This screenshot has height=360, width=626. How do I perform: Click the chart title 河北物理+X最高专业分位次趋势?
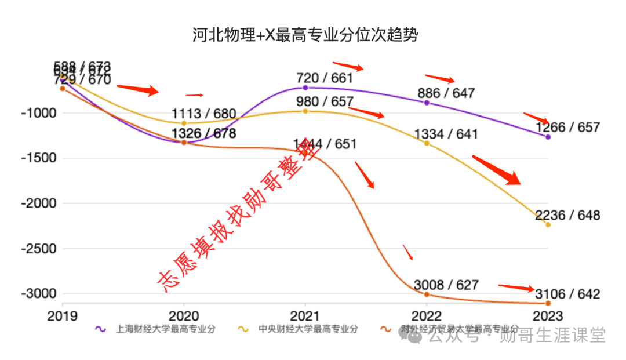click(305, 36)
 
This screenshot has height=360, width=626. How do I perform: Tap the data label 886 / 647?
click(445, 93)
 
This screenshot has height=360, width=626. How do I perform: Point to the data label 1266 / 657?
click(568, 128)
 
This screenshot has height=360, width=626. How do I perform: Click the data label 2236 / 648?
click(568, 216)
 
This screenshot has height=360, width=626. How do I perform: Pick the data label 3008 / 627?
click(446, 285)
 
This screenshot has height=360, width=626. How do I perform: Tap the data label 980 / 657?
click(325, 101)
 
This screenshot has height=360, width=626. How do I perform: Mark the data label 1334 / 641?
click(446, 134)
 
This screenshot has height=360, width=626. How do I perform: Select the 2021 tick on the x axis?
click(305, 316)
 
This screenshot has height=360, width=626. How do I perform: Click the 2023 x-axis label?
click(548, 316)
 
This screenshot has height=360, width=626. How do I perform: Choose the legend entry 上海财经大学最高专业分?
click(166, 329)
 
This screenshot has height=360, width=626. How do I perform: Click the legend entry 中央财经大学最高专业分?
click(308, 329)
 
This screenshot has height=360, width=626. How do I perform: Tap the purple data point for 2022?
click(427, 103)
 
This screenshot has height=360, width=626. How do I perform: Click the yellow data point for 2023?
click(548, 224)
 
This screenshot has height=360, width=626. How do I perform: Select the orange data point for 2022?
click(427, 294)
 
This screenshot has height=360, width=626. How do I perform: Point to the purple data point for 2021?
click(305, 88)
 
